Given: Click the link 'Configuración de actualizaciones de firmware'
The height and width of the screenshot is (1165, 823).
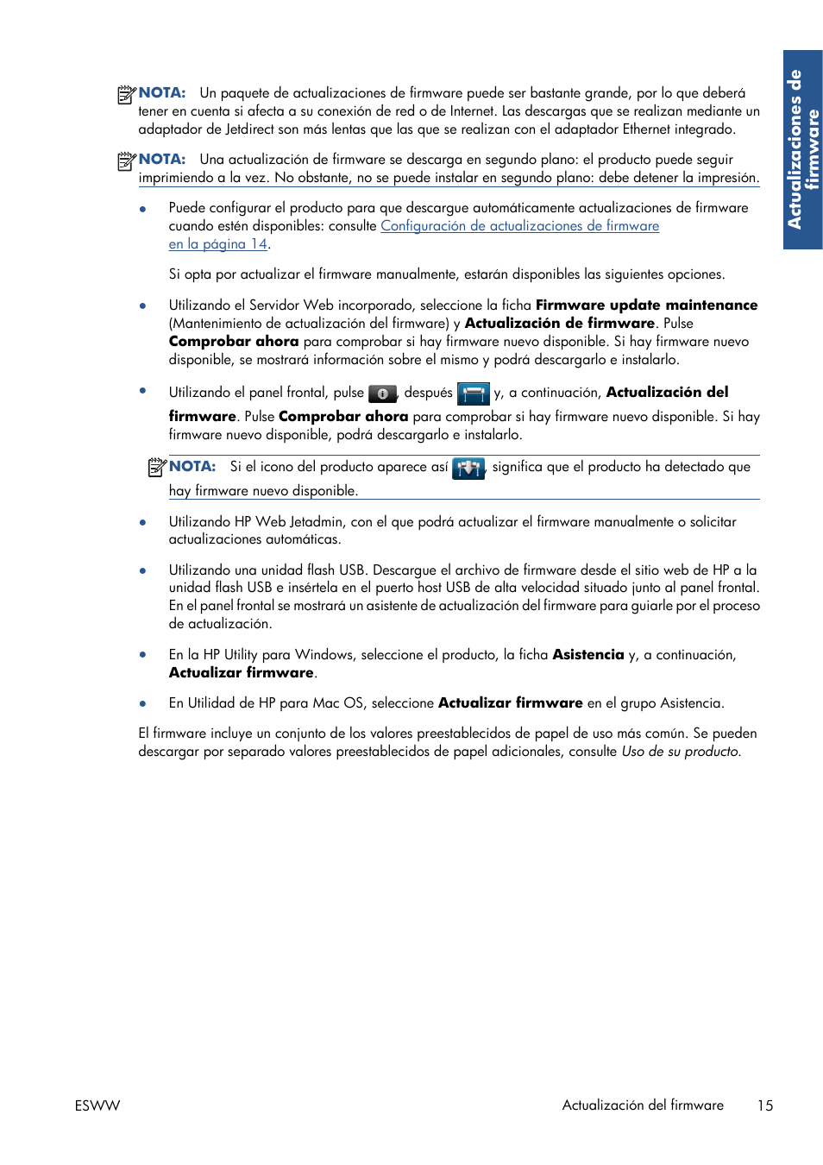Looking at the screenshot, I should click(519, 226).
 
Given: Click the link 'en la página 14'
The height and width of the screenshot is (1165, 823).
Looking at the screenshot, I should click(217, 244).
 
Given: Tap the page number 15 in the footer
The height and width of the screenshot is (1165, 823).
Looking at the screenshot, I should click(765, 1105).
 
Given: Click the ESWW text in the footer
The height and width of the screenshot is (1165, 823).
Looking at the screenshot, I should click(97, 1105).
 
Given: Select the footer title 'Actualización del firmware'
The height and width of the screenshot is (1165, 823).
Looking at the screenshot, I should click(643, 1105).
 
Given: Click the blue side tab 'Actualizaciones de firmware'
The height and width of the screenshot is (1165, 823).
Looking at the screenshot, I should click(802, 149).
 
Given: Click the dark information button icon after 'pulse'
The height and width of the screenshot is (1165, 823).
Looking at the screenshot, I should click(382, 394).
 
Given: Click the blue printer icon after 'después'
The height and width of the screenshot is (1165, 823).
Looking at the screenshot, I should click(473, 394).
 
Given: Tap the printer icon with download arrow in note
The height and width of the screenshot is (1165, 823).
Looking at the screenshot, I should click(468, 468).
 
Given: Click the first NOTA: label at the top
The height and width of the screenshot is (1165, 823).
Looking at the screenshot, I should click(162, 92).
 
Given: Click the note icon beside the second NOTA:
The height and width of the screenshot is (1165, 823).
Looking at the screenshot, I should click(127, 161).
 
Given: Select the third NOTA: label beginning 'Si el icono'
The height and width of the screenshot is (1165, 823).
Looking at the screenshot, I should click(192, 466).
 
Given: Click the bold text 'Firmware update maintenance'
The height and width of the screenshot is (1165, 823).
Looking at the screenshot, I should click(646, 305).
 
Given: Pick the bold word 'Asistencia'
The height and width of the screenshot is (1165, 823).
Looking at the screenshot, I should click(587, 654).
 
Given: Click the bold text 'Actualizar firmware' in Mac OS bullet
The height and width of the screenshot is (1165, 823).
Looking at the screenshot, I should click(510, 702).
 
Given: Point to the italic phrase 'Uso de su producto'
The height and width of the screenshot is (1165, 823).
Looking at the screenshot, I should click(680, 751).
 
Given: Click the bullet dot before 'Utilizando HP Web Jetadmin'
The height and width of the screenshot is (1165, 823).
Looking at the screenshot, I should click(143, 522).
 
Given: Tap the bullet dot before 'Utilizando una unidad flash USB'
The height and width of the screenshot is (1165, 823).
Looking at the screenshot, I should click(143, 570).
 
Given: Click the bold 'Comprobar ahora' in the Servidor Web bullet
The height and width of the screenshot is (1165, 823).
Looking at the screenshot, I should click(234, 341).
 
